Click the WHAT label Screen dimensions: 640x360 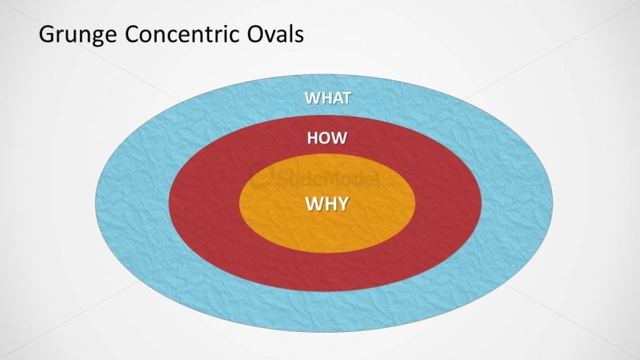(328, 98)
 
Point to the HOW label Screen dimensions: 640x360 (327, 138)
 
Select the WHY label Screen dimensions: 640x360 (327, 203)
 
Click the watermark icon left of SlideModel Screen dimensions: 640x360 (262, 177)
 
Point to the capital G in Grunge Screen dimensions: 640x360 (47, 34)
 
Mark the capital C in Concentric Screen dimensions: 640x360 (132, 34)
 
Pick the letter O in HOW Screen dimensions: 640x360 (325, 138)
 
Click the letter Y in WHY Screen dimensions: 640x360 (343, 203)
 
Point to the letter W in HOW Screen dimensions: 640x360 (339, 138)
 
